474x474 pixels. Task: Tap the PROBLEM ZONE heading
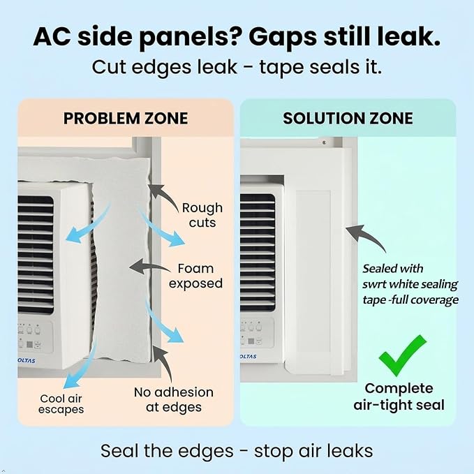[126, 118]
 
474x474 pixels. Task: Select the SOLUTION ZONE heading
[348, 118]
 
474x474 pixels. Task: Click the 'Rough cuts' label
[202, 215]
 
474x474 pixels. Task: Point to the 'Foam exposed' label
[195, 276]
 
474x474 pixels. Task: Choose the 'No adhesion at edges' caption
[174, 399]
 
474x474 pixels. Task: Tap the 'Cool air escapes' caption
[61, 404]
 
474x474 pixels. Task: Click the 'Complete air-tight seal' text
[399, 397]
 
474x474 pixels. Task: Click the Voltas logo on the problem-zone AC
[27, 361]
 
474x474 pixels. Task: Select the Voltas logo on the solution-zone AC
[249, 357]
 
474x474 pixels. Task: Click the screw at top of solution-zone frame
[324, 142]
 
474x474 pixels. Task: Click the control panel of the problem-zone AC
[35, 336]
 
